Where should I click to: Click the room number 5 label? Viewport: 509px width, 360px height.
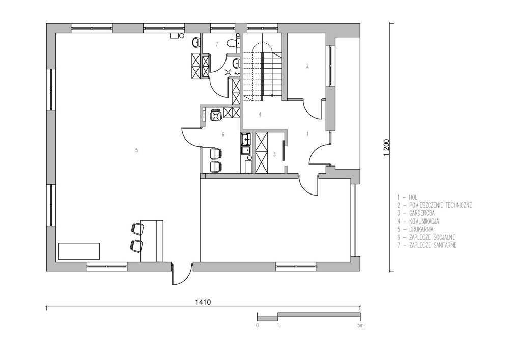coord(136,150)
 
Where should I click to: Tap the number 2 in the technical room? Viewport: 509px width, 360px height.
coord(307,66)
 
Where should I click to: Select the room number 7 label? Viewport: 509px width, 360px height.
coord(216,45)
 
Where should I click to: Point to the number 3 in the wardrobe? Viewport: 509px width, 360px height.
coord(274,154)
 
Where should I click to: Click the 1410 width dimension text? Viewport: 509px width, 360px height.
coord(203,302)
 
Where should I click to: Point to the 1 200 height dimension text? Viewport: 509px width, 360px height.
coord(386,148)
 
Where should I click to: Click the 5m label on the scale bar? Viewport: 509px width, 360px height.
coord(360,325)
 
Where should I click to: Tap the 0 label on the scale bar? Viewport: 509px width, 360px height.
coord(258,325)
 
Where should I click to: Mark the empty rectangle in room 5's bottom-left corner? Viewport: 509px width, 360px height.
coord(79,251)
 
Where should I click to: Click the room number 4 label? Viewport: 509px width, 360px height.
coord(260,114)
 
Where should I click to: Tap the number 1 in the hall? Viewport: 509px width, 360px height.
coord(307,133)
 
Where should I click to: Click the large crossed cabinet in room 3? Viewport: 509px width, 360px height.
coord(261,153)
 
